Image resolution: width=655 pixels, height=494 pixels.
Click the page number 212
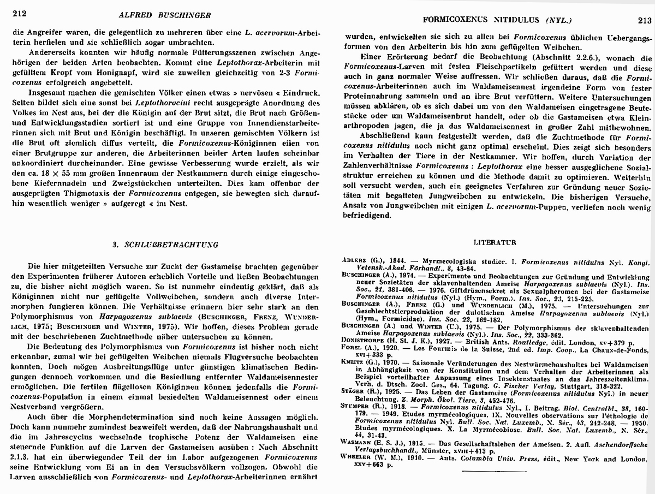(x=20, y=14)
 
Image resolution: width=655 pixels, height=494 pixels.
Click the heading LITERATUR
(x=496, y=241)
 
